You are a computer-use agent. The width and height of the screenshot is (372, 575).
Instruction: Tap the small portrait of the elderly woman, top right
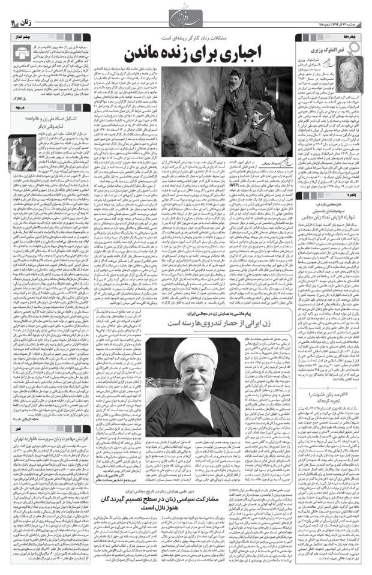click(352, 59)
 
